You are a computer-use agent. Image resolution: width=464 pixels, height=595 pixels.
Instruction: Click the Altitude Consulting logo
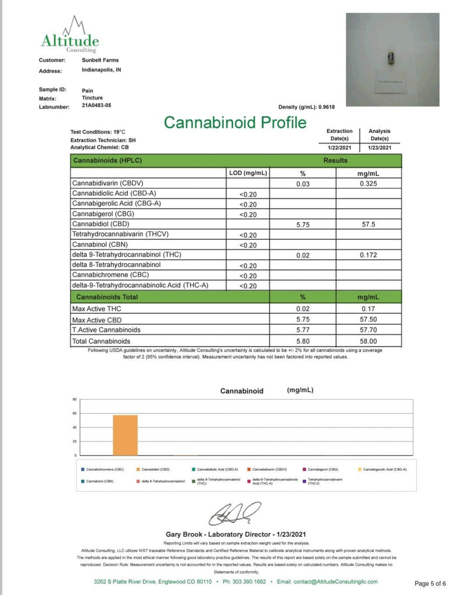[70, 36]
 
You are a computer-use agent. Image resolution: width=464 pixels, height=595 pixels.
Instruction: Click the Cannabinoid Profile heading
[235, 123]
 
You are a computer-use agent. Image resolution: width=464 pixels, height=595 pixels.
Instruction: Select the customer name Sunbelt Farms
[100, 60]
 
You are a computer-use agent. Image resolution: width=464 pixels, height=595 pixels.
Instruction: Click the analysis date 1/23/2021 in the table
[380, 148]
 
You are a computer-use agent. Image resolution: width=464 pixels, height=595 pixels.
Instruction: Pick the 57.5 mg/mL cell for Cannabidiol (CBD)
[368, 224]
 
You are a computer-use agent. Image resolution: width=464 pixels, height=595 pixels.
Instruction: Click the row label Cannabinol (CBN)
[99, 245]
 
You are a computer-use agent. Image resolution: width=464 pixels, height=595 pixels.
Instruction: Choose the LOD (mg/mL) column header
[247, 173]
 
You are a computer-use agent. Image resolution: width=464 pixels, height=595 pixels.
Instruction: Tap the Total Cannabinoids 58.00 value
[368, 341]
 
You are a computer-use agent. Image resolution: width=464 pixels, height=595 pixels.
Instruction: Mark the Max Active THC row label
[92, 308]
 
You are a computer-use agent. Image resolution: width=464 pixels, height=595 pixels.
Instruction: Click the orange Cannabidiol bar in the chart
[125, 435]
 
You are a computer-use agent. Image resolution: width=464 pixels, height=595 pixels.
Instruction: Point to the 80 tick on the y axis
[74, 400]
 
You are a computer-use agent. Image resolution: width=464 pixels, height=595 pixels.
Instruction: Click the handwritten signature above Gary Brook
[235, 514]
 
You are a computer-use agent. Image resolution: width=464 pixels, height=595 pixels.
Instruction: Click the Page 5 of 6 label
[430, 583]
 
